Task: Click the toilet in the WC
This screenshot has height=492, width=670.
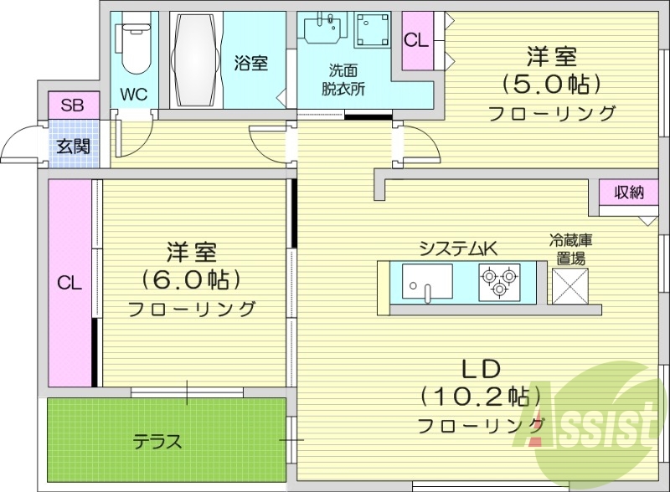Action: (133, 50)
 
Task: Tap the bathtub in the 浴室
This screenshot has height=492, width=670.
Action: (198, 59)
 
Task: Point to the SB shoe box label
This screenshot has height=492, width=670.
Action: (72, 105)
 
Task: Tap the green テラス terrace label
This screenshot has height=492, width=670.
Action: (157, 441)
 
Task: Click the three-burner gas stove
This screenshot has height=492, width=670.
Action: (500, 281)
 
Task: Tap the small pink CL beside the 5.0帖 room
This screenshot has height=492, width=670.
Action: (415, 40)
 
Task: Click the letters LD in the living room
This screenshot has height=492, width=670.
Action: (480, 367)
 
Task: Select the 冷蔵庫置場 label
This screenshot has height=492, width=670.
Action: (571, 249)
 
